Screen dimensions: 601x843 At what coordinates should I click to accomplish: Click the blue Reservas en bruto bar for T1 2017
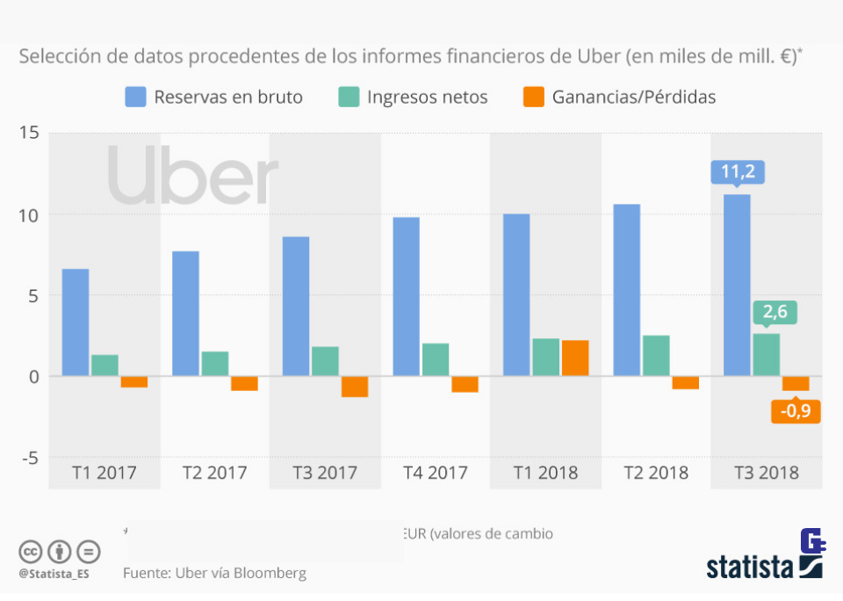click(76, 322)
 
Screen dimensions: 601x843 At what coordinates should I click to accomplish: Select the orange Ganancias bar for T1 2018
click(575, 358)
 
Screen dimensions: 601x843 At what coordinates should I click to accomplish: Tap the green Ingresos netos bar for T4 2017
click(436, 359)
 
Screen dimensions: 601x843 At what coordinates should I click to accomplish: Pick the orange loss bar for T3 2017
click(355, 386)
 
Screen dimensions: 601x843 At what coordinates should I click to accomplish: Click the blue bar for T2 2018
click(626, 290)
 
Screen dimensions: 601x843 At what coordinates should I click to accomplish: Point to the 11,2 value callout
click(737, 173)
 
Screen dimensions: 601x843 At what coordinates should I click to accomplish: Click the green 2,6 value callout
click(774, 312)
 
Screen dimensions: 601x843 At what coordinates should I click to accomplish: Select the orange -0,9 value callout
click(796, 410)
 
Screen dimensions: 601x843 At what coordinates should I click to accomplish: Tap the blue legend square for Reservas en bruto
click(135, 97)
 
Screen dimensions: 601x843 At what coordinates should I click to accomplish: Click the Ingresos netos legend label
click(428, 97)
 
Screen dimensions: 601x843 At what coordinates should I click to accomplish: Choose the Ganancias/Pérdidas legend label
click(633, 97)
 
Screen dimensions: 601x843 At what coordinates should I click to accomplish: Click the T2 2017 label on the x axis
click(215, 473)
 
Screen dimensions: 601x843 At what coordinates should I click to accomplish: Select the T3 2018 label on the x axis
click(767, 473)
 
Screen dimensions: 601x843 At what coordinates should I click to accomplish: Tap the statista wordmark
click(750, 568)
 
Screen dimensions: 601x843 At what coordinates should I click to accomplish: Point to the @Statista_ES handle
click(54, 574)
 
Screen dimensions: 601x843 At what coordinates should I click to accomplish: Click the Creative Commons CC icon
click(31, 552)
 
